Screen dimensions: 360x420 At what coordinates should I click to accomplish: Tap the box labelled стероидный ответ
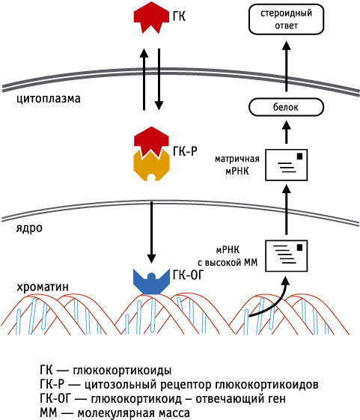(287, 19)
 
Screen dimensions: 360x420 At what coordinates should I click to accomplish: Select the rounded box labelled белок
(287, 107)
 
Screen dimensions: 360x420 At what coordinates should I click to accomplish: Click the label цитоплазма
(49, 99)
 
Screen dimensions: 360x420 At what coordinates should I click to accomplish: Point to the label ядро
(29, 228)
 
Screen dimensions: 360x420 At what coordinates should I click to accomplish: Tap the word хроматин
(43, 287)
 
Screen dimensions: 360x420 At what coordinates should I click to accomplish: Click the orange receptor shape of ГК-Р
(152, 167)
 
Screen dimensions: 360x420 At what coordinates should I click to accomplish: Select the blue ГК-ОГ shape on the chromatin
(152, 281)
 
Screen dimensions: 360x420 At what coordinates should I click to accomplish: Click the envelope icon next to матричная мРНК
(287, 165)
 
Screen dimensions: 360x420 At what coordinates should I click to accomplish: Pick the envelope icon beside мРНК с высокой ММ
(287, 256)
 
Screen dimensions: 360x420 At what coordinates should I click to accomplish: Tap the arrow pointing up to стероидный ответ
(287, 67)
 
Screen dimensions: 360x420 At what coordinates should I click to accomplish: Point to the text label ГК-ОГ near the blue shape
(189, 275)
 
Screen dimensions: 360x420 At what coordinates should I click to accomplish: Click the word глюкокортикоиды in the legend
(122, 371)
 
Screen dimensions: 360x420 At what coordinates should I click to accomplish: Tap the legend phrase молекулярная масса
(134, 413)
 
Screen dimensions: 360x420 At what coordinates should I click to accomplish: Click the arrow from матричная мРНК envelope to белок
(287, 132)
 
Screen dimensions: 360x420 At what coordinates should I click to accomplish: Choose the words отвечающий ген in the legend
(240, 399)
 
